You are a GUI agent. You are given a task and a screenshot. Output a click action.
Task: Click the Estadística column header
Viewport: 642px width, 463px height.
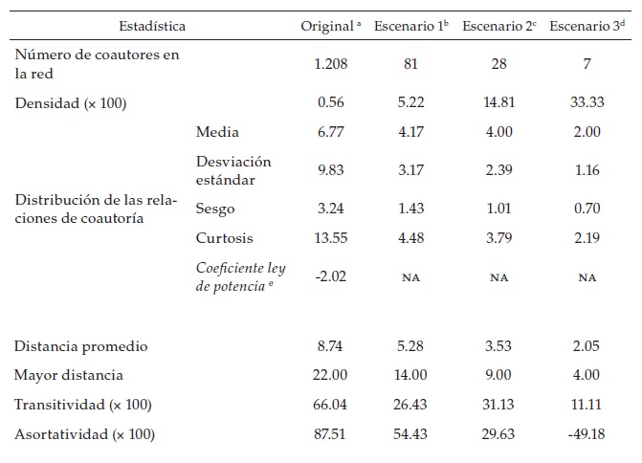(x=152, y=26)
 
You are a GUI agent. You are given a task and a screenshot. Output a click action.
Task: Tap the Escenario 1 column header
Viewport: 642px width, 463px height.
(x=410, y=26)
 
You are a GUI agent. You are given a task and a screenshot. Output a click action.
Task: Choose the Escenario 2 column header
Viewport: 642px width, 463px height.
(x=498, y=26)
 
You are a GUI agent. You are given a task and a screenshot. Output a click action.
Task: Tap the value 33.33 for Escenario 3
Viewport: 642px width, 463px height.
(x=588, y=101)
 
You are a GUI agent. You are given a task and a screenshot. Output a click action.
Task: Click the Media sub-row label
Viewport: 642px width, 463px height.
(x=217, y=132)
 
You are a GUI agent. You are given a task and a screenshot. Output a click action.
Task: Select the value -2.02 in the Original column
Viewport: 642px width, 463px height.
(x=329, y=276)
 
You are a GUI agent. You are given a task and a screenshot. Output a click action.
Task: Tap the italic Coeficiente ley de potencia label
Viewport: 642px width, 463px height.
(x=240, y=276)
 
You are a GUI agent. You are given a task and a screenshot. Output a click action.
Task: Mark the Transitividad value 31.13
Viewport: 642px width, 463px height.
(x=498, y=405)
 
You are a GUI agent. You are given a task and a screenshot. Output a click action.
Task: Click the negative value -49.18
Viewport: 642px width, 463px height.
(x=587, y=434)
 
